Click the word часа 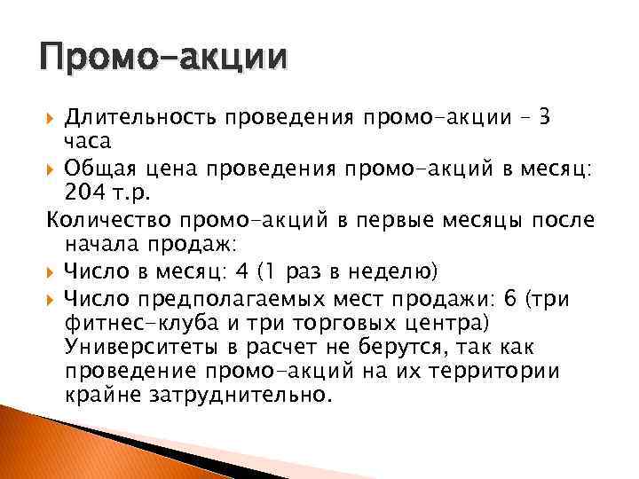tap(89, 142)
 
